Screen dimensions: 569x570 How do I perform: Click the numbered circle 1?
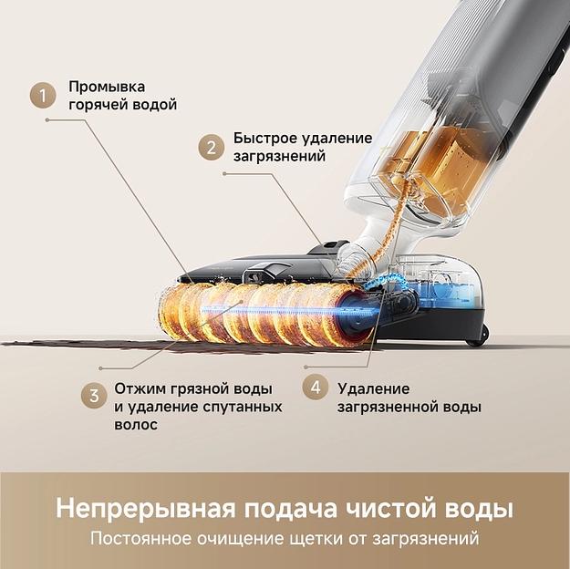coord(42,96)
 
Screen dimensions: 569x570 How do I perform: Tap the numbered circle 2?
coord(212,147)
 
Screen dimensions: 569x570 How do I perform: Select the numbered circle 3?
coord(93,396)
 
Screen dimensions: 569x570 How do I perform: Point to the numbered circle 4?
coord(316,387)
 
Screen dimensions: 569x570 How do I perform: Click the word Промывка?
coord(106,87)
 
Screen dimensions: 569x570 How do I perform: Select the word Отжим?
coord(138,388)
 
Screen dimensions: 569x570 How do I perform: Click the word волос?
coord(136,424)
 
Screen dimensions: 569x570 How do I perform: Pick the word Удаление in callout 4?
coord(373,388)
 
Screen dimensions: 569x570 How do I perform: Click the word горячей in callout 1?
coord(98,105)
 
